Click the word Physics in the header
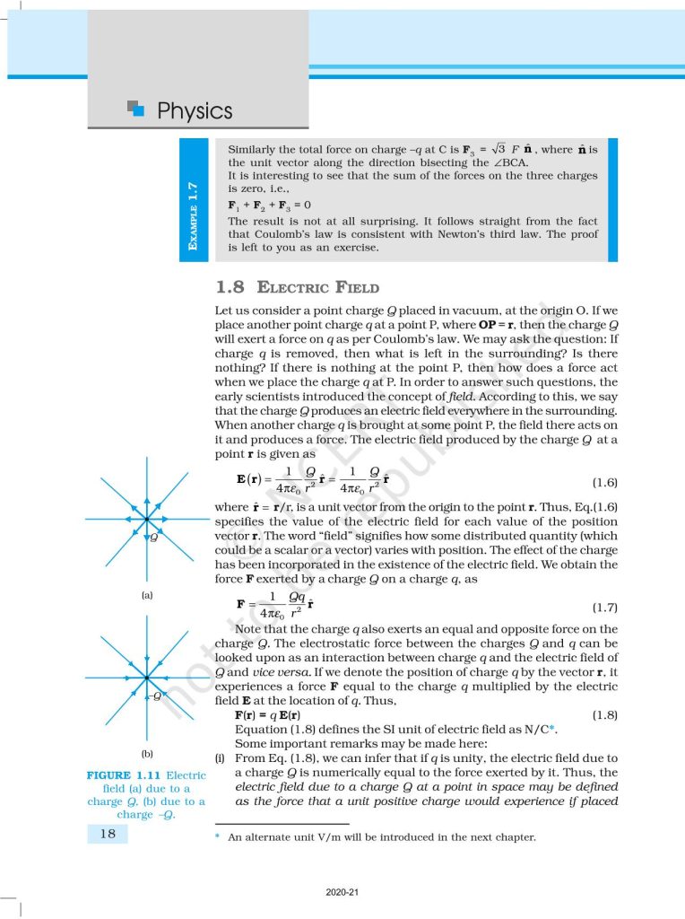click(x=195, y=111)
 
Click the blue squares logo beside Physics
click(x=136, y=109)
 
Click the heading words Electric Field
click(x=317, y=288)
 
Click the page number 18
click(x=107, y=835)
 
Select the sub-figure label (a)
click(x=147, y=595)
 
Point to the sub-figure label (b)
click(x=147, y=755)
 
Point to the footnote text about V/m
click(x=380, y=837)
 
